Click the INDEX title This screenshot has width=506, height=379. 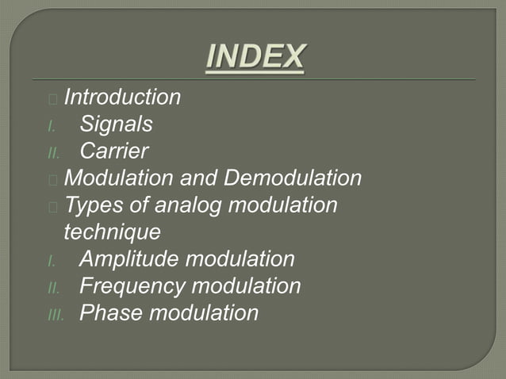[255, 57]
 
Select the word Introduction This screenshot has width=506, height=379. [122, 98]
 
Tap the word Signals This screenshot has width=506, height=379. [116, 124]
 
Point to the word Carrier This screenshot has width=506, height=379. [113, 151]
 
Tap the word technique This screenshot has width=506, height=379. [111, 232]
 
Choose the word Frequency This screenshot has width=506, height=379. [133, 285]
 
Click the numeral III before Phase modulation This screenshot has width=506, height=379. [53, 314]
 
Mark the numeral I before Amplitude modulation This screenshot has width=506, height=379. [50, 260]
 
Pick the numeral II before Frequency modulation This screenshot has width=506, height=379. [52, 287]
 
